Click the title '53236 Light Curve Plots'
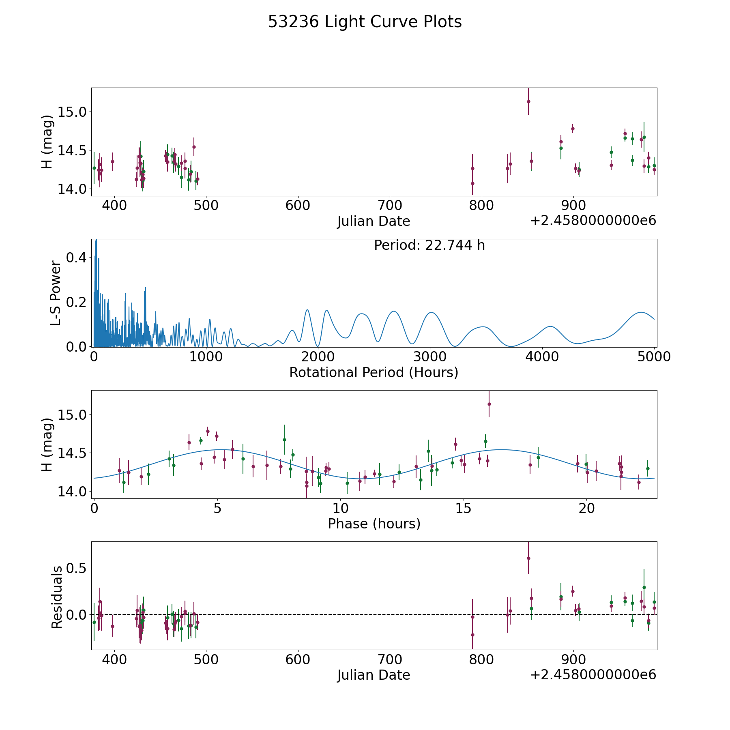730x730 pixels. [365, 22]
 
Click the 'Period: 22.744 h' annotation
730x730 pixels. [429, 245]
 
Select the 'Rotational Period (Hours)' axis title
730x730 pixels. [374, 372]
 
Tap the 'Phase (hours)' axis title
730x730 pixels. [374, 524]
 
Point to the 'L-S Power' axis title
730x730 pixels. [56, 293]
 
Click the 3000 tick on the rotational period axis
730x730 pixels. [430, 356]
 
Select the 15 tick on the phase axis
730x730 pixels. [463, 508]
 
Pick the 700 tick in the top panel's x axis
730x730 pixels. [389, 205]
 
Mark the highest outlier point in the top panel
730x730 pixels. [528, 101]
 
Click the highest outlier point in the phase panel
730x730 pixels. [489, 404]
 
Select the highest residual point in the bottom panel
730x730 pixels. [528, 558]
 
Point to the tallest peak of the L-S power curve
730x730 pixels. [96, 240]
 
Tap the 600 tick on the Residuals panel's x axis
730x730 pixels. [298, 659]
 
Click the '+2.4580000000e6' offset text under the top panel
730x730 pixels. [593, 221]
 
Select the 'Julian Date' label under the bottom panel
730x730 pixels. [374, 675]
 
